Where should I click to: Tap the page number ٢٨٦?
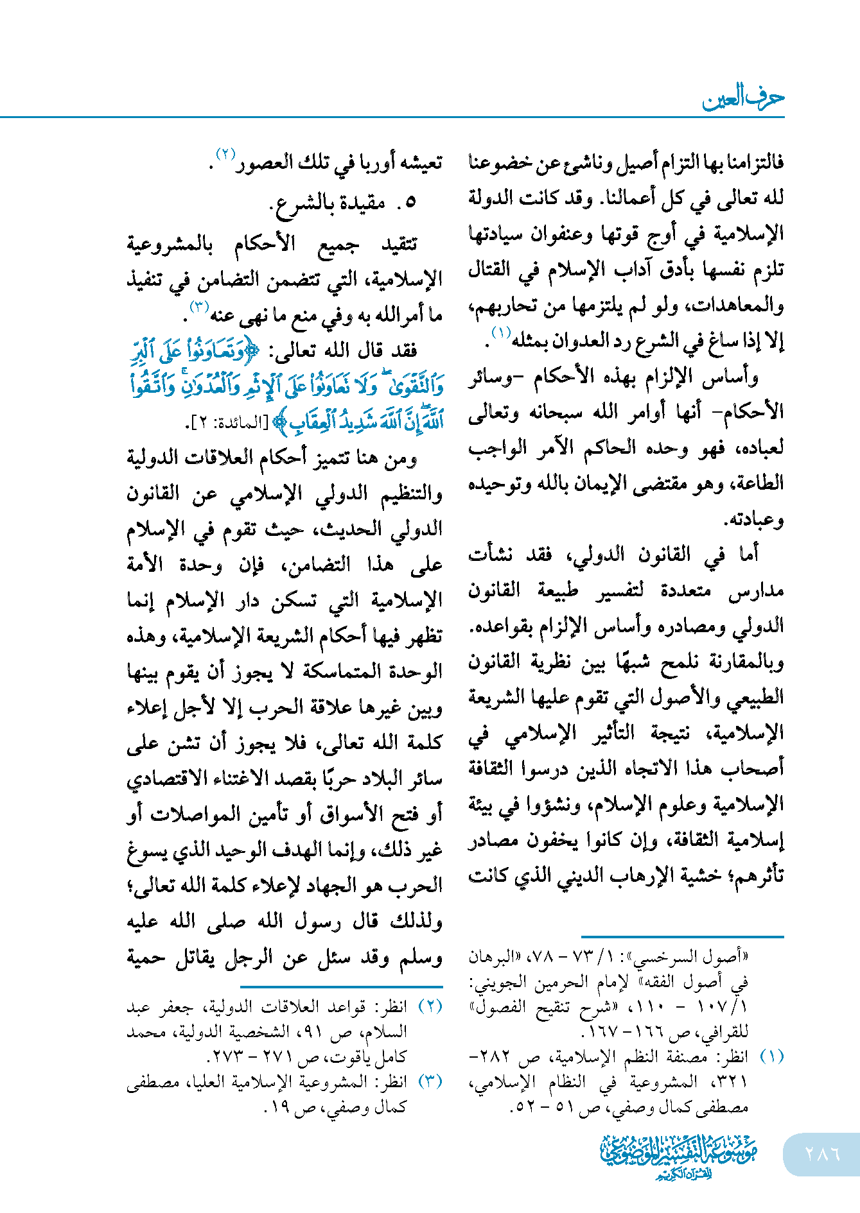[x=822, y=1153]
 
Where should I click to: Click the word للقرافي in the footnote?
[x=723, y=1033]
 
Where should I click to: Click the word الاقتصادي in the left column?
[x=172, y=779]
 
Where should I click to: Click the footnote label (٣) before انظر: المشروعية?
[x=430, y=1082]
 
